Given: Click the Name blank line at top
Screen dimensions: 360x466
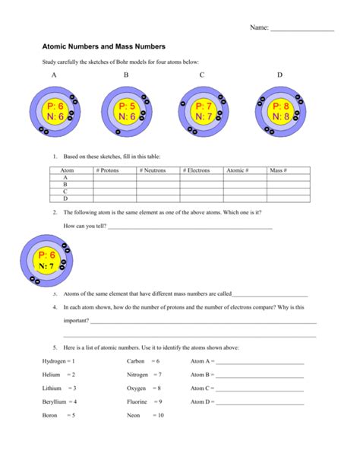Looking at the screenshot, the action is [x=302, y=29].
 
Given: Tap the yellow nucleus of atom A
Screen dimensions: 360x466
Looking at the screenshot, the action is [x=55, y=112].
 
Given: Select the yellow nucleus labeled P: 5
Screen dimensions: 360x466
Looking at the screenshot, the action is [x=128, y=112].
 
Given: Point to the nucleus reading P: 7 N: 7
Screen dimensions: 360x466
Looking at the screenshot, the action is [x=204, y=112].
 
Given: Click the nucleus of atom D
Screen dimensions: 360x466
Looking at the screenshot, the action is [x=281, y=112].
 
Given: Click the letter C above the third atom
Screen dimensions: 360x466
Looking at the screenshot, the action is [x=202, y=75].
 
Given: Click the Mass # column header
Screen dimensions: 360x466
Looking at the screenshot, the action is [x=278, y=171].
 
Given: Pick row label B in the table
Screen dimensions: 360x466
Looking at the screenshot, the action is [x=65, y=184].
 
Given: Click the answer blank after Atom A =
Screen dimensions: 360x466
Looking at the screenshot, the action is [x=260, y=362].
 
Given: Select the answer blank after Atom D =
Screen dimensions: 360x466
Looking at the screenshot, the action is [x=260, y=402].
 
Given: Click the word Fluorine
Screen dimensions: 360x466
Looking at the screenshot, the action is [x=137, y=401].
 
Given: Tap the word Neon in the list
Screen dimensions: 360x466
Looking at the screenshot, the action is [x=134, y=415].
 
